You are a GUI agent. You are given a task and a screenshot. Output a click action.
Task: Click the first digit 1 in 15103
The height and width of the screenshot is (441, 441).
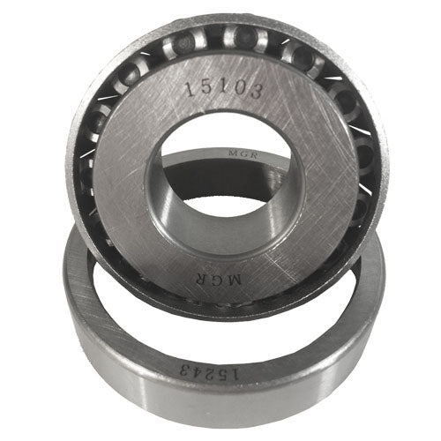coord(190,89)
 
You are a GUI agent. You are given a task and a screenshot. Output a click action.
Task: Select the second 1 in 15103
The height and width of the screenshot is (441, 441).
coord(222,87)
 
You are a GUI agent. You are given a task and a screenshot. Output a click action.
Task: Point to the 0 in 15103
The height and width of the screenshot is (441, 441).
coord(240,88)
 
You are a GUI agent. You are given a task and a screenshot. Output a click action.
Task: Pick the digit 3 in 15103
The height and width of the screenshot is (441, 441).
coord(257,90)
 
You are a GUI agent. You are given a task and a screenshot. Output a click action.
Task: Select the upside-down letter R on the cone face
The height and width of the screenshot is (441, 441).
coord(202,279)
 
